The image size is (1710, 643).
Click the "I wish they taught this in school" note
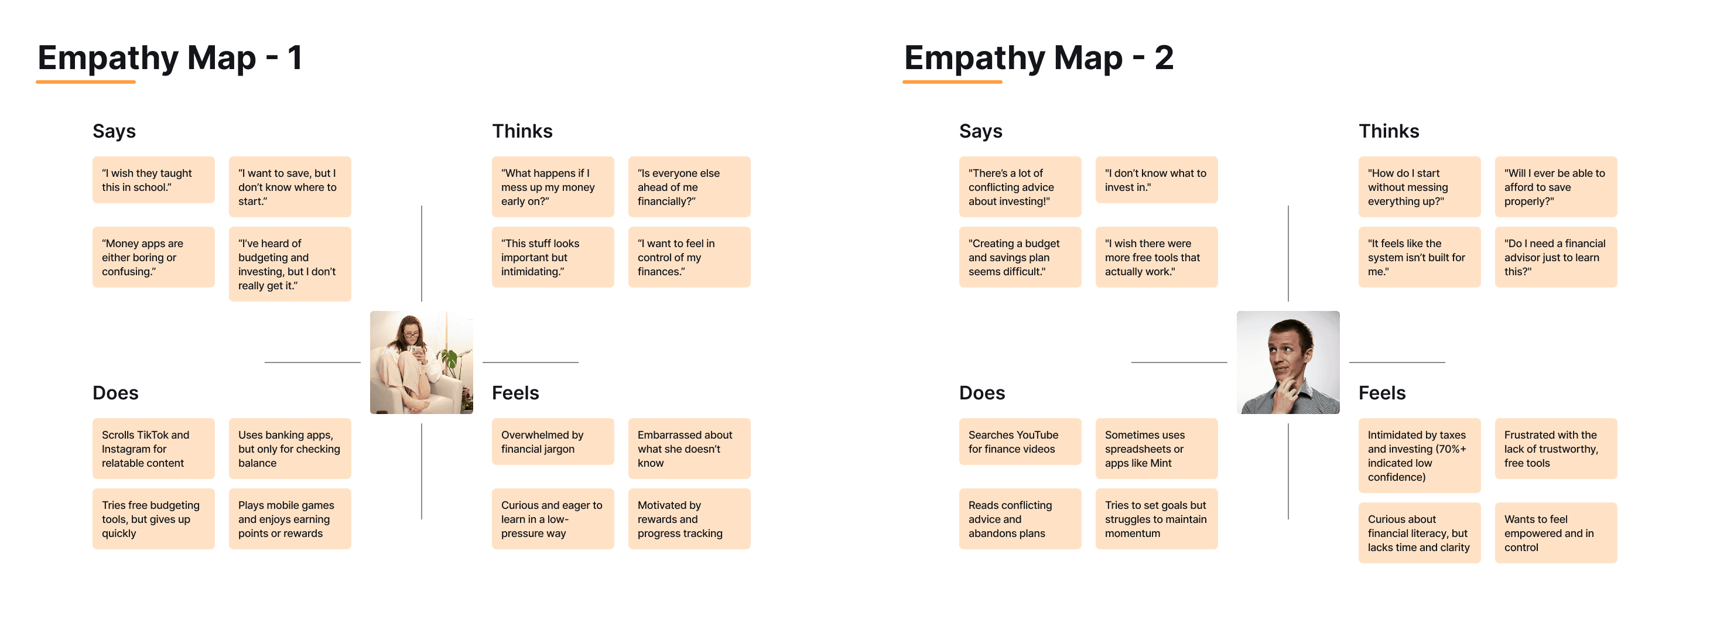coord(153,180)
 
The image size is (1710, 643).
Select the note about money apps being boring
coord(153,258)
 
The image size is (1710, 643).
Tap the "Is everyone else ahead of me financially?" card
coord(689,187)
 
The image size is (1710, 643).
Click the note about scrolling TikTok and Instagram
coord(153,449)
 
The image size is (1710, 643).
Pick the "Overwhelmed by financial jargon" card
coord(552,442)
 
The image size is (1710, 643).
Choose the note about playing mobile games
coord(289,519)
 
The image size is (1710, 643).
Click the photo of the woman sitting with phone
coord(422,362)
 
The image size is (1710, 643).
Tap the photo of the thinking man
coord(1288,362)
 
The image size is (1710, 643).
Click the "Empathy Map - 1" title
coord(170,58)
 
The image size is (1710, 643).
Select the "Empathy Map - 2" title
coord(1038,58)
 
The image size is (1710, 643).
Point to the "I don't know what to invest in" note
coord(1157,180)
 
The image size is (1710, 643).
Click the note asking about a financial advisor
coord(1555,258)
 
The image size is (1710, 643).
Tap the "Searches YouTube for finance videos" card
coord(1020,442)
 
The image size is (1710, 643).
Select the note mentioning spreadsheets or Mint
coord(1157,449)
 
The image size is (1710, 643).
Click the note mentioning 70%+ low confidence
coord(1420,456)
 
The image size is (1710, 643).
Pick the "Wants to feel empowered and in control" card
coord(1555,533)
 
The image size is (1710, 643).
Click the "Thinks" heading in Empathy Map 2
coord(1388,131)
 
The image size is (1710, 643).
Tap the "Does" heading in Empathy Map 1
coord(115,393)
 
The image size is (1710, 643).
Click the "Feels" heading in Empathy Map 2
coord(1382,393)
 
